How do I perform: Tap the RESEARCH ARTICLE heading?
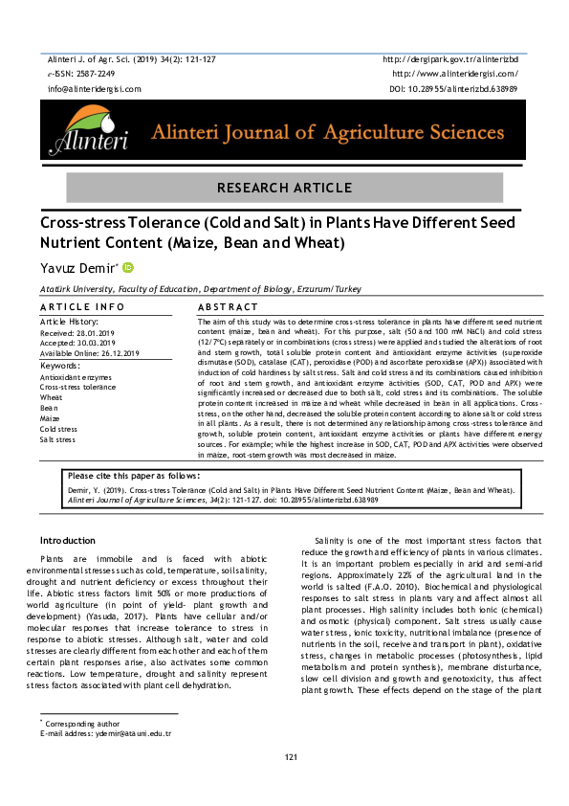tap(284, 186)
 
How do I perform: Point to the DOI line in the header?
tap(454, 88)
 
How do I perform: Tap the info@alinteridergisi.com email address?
tap(94, 88)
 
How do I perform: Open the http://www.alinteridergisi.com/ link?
tap(455, 74)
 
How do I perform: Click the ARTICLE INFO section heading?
tap(82, 306)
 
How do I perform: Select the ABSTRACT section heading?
tap(228, 306)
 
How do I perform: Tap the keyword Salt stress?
tap(59, 439)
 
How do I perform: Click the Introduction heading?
tap(67, 541)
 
